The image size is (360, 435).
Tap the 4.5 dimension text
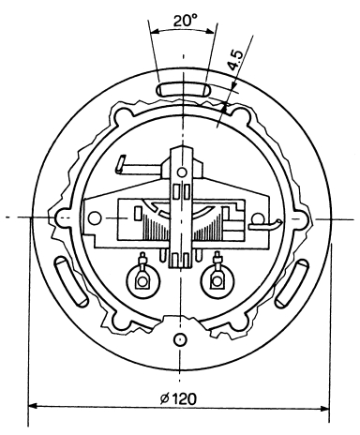(234, 60)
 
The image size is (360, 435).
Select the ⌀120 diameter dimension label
(178, 399)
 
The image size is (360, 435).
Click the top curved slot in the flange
(184, 89)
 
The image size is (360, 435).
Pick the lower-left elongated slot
(71, 281)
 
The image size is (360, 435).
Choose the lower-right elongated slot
(292, 284)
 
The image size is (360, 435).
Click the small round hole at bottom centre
(180, 339)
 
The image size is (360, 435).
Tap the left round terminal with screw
(142, 279)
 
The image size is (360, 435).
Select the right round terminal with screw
(217, 279)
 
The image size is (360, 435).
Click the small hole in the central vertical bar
(182, 172)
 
